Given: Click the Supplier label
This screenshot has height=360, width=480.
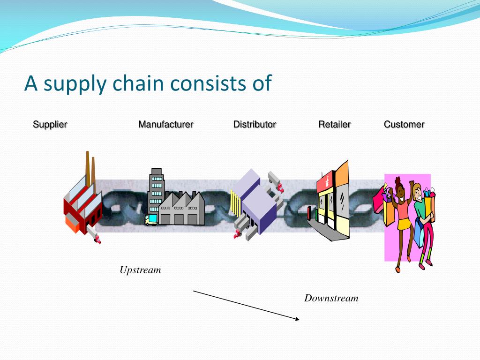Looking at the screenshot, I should (x=50, y=125).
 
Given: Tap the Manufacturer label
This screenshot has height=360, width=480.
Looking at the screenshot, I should (x=165, y=125).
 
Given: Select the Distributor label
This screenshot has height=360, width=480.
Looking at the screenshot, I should (x=255, y=125).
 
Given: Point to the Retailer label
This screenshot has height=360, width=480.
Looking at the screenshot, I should (x=334, y=125).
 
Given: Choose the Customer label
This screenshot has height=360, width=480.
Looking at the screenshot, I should (x=404, y=125).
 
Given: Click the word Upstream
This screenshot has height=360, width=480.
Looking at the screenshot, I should (x=140, y=270).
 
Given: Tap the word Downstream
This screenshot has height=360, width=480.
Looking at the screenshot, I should (x=331, y=298).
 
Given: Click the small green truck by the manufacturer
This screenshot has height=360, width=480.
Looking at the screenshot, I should (x=151, y=219).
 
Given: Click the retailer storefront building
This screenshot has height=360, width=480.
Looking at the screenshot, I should (x=334, y=202).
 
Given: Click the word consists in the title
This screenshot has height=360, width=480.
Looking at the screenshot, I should (x=210, y=83).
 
